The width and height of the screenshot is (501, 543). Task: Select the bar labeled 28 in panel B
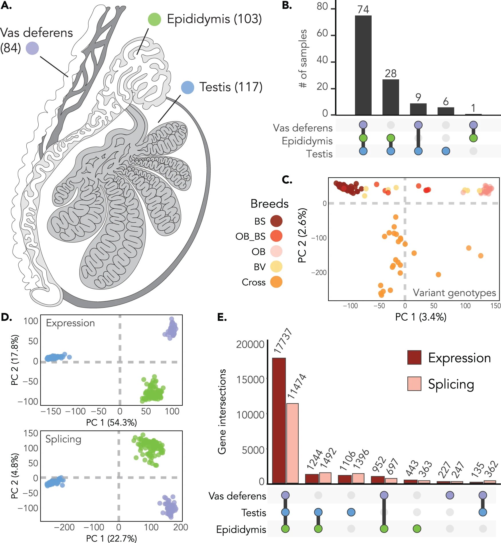(390, 97)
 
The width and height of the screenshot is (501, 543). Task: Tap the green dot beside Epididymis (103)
(154, 19)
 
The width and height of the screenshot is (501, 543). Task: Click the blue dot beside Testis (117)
(188, 87)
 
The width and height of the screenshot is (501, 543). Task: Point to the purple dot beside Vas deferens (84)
(32, 48)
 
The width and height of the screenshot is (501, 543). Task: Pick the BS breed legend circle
(276, 221)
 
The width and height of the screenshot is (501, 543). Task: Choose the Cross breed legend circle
(276, 282)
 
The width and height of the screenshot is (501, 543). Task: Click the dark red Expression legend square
(414, 358)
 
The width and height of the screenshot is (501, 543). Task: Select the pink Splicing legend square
(414, 384)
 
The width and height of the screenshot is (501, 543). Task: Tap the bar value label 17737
(283, 341)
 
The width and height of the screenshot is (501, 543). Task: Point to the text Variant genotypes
(454, 293)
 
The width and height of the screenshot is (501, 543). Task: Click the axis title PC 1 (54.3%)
(111, 422)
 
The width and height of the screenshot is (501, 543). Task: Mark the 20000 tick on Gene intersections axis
(250, 344)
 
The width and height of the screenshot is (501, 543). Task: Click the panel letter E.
(222, 317)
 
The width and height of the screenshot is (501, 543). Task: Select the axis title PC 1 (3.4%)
(421, 317)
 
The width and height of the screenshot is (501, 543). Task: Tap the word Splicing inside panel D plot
(63, 439)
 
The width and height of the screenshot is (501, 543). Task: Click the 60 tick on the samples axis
(322, 34)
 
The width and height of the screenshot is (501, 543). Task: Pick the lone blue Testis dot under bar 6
(445, 151)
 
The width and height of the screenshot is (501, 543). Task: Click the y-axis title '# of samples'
(303, 59)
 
